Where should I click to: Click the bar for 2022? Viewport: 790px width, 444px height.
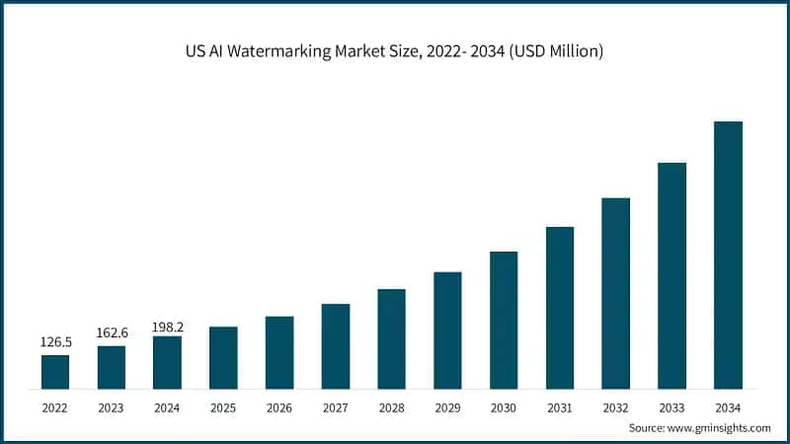pyautogui.click(x=55, y=371)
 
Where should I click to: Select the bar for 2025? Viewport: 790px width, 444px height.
pyautogui.click(x=223, y=357)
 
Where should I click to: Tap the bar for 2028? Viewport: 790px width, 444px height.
pyautogui.click(x=391, y=338)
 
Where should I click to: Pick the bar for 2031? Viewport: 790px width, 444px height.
pyautogui.click(x=560, y=307)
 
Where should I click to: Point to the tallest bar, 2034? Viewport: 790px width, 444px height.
pyautogui.click(x=728, y=255)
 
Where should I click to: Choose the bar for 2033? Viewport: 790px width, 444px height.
pyautogui.click(x=671, y=275)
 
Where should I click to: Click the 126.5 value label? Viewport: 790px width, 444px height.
pyautogui.click(x=55, y=342)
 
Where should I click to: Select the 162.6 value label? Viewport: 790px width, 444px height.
pyautogui.click(x=112, y=333)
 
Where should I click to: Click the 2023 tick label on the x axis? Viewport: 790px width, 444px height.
pyautogui.click(x=112, y=407)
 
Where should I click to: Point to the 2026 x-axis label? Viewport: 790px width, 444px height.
pyautogui.click(x=279, y=407)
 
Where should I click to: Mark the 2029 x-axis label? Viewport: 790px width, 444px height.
pyautogui.click(x=447, y=407)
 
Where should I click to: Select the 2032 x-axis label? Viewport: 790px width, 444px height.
pyautogui.click(x=615, y=407)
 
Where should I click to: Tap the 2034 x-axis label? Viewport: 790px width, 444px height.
pyautogui.click(x=728, y=407)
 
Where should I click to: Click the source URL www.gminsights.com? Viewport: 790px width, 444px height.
pyautogui.click(x=720, y=428)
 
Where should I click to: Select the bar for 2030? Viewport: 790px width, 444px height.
pyautogui.click(x=504, y=320)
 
